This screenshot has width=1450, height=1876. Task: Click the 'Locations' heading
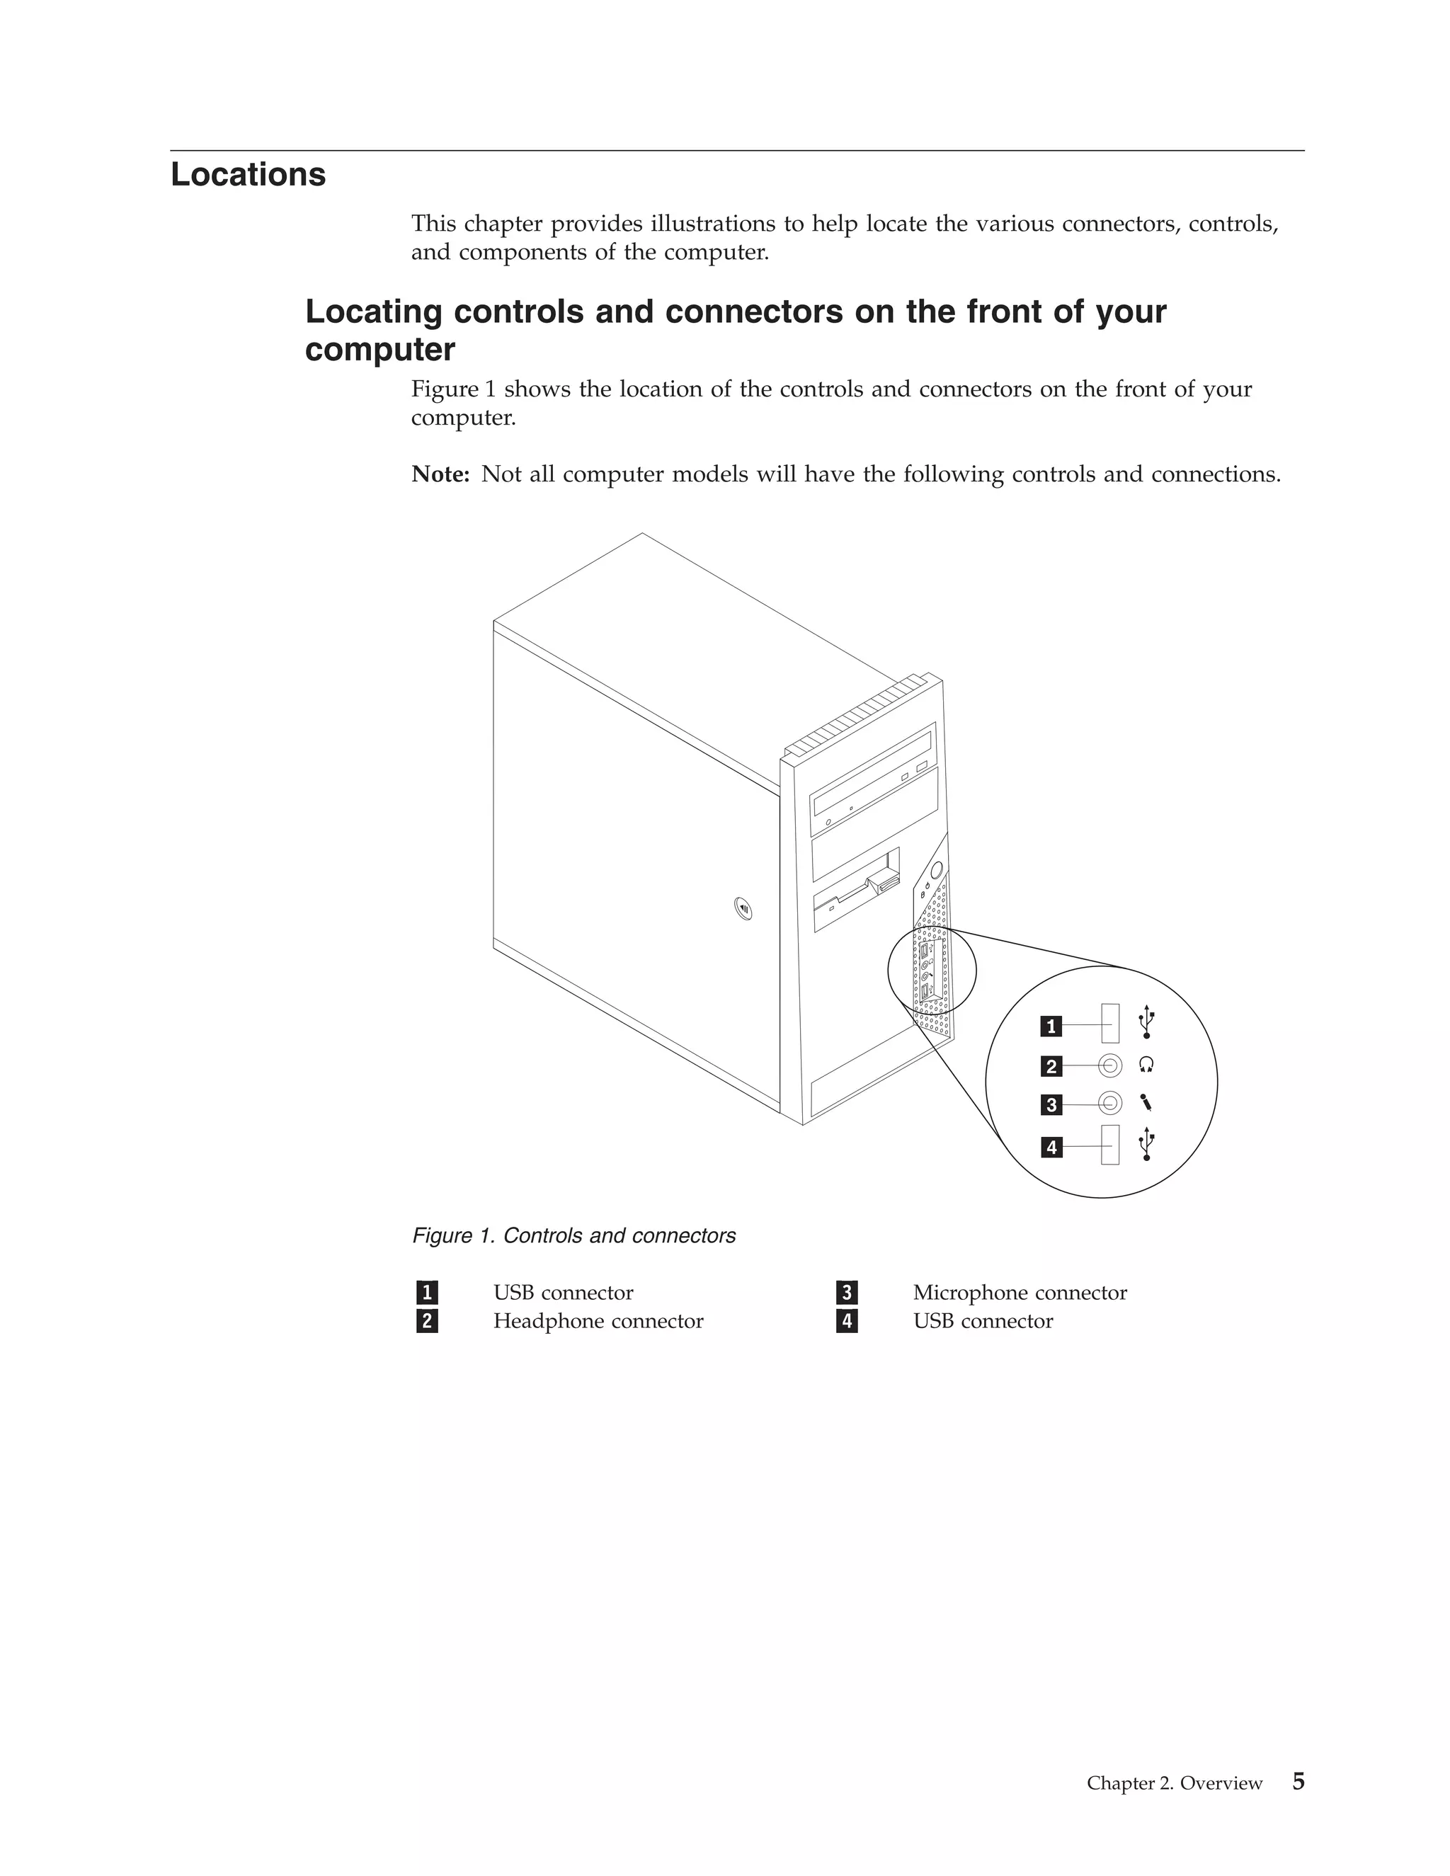249,174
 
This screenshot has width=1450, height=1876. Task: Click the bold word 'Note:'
440,474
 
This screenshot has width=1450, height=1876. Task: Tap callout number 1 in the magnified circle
1051,1026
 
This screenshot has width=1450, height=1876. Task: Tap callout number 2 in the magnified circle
1051,1067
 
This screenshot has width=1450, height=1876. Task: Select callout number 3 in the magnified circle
1051,1104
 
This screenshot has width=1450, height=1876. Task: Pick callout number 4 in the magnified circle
1051,1147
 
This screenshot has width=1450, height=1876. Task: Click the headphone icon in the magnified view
1146,1065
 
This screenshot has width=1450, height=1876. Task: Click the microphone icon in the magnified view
1146,1102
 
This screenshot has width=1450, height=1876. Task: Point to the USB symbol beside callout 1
1147,1022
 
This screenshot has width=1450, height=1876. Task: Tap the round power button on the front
935,869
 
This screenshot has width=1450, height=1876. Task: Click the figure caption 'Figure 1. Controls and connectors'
573,1236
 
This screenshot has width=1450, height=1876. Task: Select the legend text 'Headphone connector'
598,1321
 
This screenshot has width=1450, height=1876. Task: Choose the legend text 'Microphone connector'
1020,1293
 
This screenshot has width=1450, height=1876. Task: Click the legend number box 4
847,1321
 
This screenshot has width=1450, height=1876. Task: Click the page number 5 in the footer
1298,1782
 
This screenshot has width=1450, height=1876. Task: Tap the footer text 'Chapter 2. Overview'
1175,1783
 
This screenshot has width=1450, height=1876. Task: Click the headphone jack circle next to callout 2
1110,1066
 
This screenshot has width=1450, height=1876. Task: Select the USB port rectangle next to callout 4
1110,1145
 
